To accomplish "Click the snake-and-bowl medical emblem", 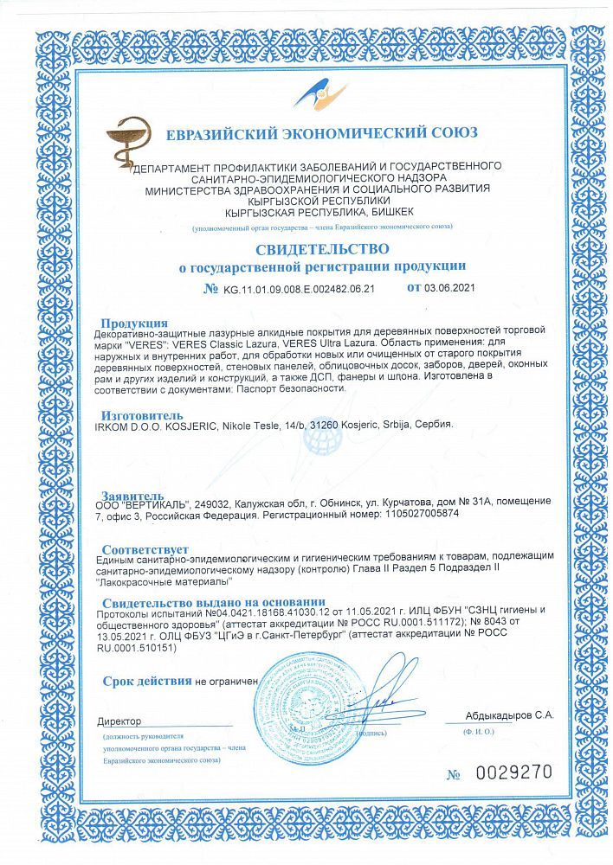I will [x=128, y=144].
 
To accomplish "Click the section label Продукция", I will [x=134, y=323].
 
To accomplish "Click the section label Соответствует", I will [x=145, y=550].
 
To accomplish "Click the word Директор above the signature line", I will [x=119, y=721].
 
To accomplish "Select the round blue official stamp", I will [x=300, y=698].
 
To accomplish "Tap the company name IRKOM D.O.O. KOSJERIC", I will [x=164, y=426].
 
